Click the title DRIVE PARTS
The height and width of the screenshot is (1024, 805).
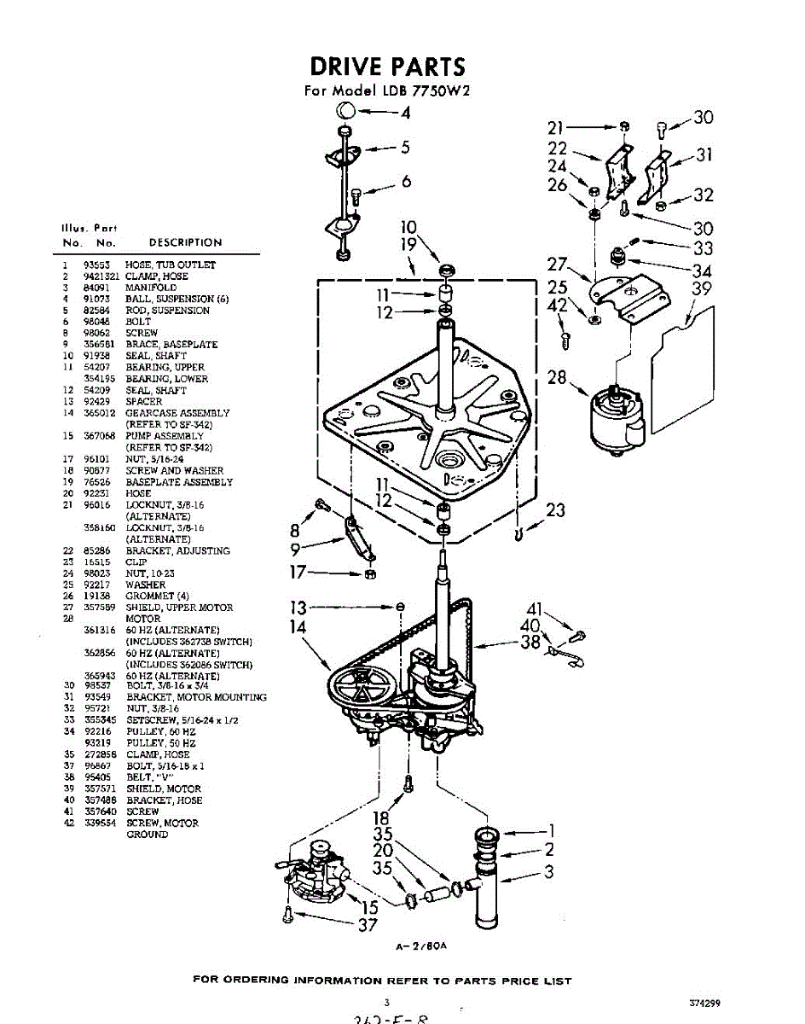[387, 66]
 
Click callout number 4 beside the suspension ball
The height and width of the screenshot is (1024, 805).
[405, 112]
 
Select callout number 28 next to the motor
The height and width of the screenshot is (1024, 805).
[557, 376]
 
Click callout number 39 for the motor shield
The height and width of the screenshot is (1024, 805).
[701, 288]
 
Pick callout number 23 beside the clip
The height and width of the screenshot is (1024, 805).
[555, 510]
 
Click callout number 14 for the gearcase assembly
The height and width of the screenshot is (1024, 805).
[298, 627]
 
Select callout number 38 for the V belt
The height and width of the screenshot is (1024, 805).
[530, 642]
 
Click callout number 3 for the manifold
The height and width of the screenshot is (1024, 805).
[548, 871]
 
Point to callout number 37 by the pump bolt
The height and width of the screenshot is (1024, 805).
[367, 925]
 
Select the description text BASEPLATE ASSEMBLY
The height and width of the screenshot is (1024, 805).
[179, 482]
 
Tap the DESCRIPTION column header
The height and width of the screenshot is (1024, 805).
[185, 242]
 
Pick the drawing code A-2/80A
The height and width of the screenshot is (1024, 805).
[421, 946]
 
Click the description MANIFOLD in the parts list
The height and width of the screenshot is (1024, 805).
[151, 288]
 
